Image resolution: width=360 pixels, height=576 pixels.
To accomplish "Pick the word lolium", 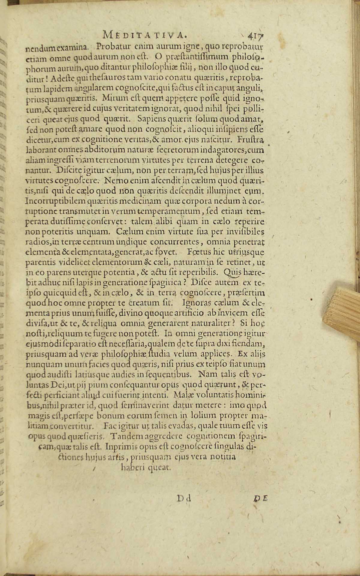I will (208, 415).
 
